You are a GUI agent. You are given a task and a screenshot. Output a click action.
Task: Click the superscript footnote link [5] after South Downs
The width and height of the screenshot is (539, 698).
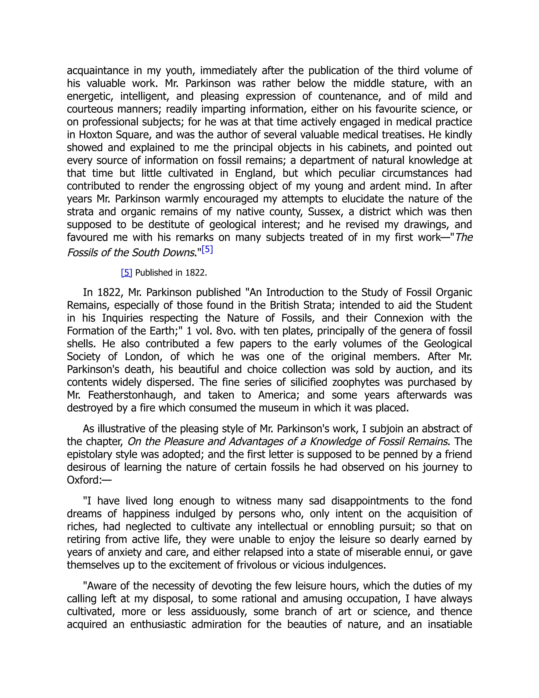pyautogui.click(x=207, y=249)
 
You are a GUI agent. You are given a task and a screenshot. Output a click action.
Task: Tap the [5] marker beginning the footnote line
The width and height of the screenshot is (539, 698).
pyautogui.click(x=126, y=273)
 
